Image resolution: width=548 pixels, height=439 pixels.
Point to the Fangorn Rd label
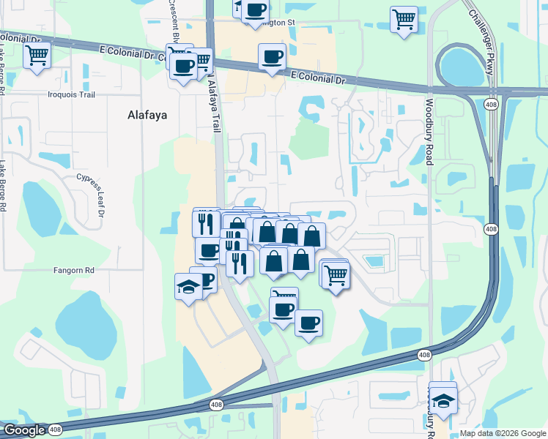point(74,270)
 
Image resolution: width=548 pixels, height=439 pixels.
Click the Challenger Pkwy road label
point(480,37)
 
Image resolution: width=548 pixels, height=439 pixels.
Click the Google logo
point(23,430)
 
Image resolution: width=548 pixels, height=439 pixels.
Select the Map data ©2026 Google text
point(502,433)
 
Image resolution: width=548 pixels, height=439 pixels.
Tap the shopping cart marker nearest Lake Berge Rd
point(37,54)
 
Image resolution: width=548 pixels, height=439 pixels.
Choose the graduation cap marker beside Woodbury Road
point(443,400)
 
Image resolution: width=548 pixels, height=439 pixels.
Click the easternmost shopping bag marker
point(312,236)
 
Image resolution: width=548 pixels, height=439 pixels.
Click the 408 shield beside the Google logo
point(56,430)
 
